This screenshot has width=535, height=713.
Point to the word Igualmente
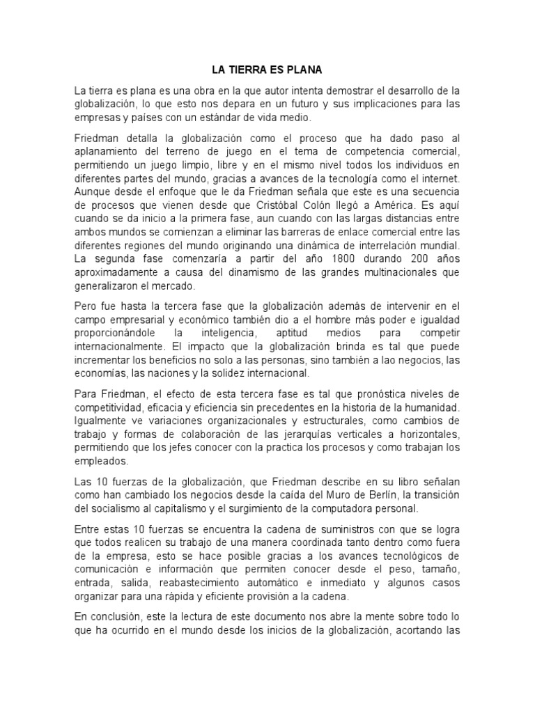point(100,418)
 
